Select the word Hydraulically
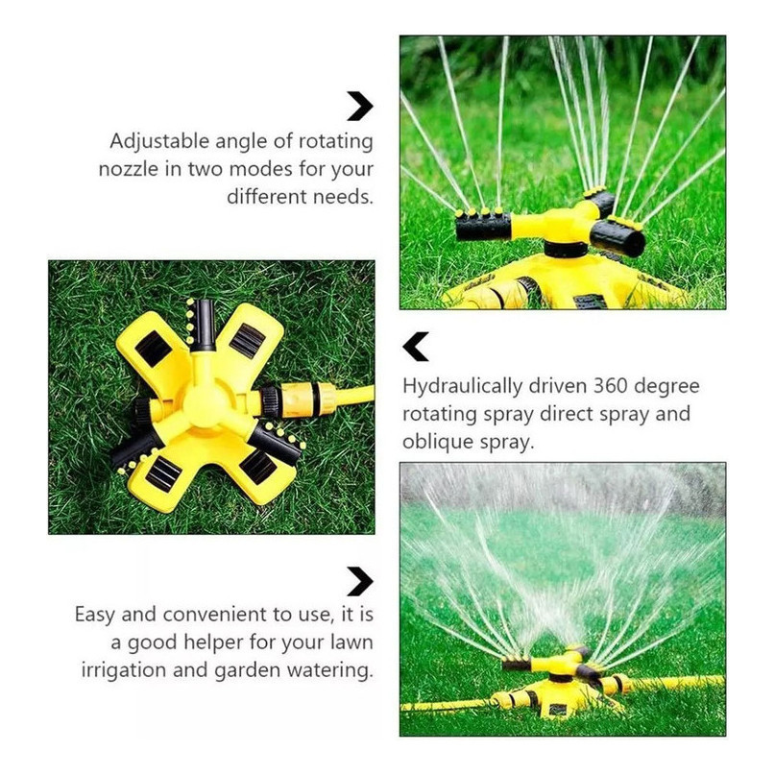point(462,386)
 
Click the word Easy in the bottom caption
point(95,615)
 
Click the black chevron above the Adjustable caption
point(360,106)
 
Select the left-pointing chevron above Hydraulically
point(415,347)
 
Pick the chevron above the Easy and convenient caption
point(360,581)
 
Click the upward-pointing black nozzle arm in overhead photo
point(204,325)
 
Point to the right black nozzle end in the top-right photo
point(618,239)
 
